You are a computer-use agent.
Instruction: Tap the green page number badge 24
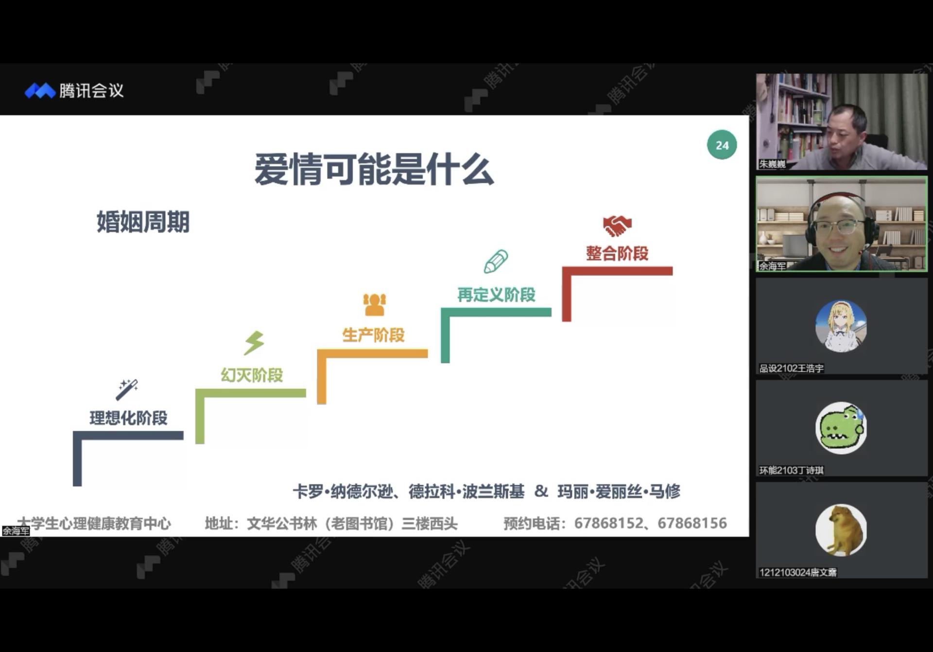722,145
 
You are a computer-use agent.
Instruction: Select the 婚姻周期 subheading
143,222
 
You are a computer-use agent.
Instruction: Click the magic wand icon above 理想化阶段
127,389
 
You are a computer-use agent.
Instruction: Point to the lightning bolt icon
254,343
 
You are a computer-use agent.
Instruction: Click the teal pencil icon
496,262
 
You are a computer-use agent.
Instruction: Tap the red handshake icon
617,226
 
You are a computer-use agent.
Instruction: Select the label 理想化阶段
128,418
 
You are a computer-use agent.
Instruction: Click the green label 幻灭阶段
252,375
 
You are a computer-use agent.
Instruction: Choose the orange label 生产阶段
373,335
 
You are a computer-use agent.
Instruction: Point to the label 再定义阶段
496,294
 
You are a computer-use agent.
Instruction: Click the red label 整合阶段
617,253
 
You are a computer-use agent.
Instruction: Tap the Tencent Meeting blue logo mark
40,90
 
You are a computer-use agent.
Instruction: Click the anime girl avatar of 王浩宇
841,326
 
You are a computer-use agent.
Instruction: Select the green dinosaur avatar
841,428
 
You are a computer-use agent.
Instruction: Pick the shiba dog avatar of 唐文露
841,530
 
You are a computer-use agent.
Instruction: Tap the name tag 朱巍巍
772,164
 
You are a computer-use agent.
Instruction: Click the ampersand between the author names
541,491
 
